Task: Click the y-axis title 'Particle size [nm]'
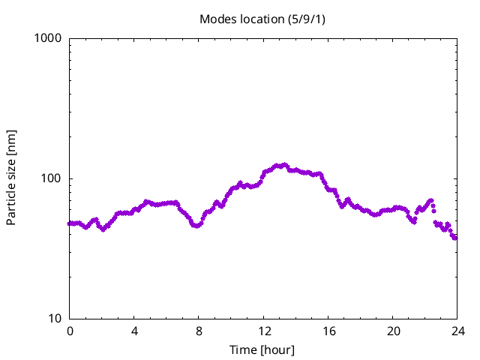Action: (x=11, y=177)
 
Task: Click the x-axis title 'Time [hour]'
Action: (x=262, y=349)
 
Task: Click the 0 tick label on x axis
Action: (x=70, y=331)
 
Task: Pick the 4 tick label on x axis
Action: (x=134, y=331)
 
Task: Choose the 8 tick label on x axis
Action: (x=199, y=331)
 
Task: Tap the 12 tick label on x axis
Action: (x=264, y=331)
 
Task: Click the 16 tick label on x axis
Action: (x=328, y=331)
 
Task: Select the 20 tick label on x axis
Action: (x=393, y=331)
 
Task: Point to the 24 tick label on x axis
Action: (x=457, y=331)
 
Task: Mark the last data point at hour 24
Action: (x=455, y=238)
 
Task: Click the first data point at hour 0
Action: (x=70, y=223)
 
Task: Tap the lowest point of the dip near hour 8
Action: (x=196, y=226)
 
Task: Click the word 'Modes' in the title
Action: (x=218, y=18)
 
